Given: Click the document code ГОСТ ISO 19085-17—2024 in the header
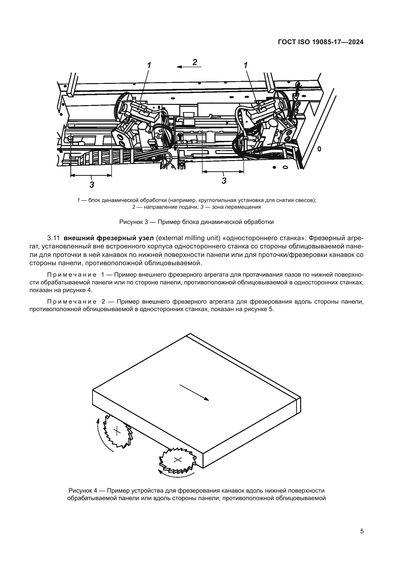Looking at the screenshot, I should pyautogui.click(x=320, y=42).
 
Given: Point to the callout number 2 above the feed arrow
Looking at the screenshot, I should pyautogui.click(x=195, y=62).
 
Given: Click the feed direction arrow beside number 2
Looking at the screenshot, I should pyautogui.click(x=189, y=67).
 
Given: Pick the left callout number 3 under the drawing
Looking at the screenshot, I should pyautogui.click(x=92, y=185).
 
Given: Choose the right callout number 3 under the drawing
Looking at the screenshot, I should pyautogui.click(x=224, y=181).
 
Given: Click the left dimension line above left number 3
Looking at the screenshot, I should pyautogui.click(x=91, y=175).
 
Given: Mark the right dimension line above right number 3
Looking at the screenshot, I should pyautogui.click(x=223, y=172).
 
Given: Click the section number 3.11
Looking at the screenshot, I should pyautogui.click(x=53, y=238).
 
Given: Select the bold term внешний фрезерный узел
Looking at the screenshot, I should pyautogui.click(x=109, y=238).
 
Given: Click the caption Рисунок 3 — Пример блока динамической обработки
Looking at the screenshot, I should pyautogui.click(x=196, y=222).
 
